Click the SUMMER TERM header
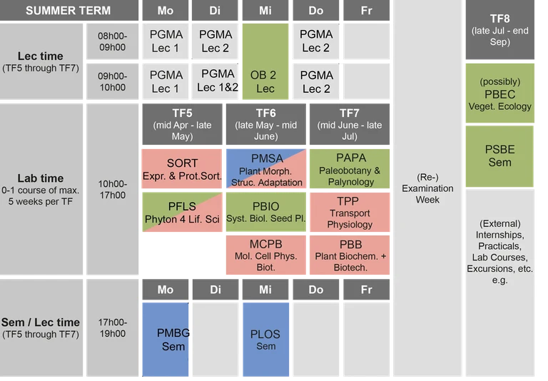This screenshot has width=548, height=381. click(68, 11)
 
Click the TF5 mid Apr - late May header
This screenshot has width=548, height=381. click(182, 124)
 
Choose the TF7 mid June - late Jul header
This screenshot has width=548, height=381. click(350, 124)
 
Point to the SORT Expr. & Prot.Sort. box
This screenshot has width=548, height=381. click(182, 168)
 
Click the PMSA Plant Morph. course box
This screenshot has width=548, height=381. click(265, 168)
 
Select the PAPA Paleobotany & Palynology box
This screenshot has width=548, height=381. click(350, 168)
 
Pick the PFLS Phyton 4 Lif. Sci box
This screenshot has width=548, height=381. click(182, 212)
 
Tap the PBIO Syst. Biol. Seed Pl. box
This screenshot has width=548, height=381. click(265, 212)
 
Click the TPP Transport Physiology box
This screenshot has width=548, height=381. click(350, 212)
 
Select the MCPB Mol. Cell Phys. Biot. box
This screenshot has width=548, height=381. click(265, 255)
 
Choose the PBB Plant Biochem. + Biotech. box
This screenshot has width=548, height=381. click(350, 255)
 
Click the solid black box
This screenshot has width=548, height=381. click(182, 255)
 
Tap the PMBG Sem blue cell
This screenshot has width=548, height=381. click(166, 339)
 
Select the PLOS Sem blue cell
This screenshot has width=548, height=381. click(265, 339)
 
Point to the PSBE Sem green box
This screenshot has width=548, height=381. click(499, 156)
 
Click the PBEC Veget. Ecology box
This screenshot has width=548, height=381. click(499, 93)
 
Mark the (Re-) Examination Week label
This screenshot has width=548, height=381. click(427, 188)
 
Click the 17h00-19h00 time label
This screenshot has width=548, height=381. click(113, 328)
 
